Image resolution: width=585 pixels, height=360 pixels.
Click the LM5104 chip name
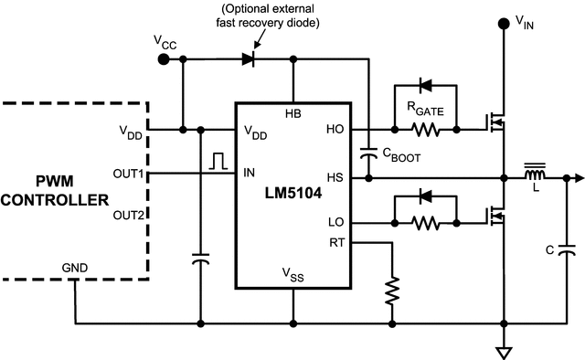coord(293,194)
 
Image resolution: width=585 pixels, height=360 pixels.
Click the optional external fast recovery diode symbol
coord(248,59)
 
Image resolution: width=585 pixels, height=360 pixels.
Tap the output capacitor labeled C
coord(566,248)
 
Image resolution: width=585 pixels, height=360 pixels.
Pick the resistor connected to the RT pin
coord(392,291)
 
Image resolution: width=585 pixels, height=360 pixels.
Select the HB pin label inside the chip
coord(293,113)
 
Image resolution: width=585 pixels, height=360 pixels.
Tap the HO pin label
coord(335,131)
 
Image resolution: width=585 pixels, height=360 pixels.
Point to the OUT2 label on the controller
coord(128,216)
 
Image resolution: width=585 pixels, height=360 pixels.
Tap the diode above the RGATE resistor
coord(426,86)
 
